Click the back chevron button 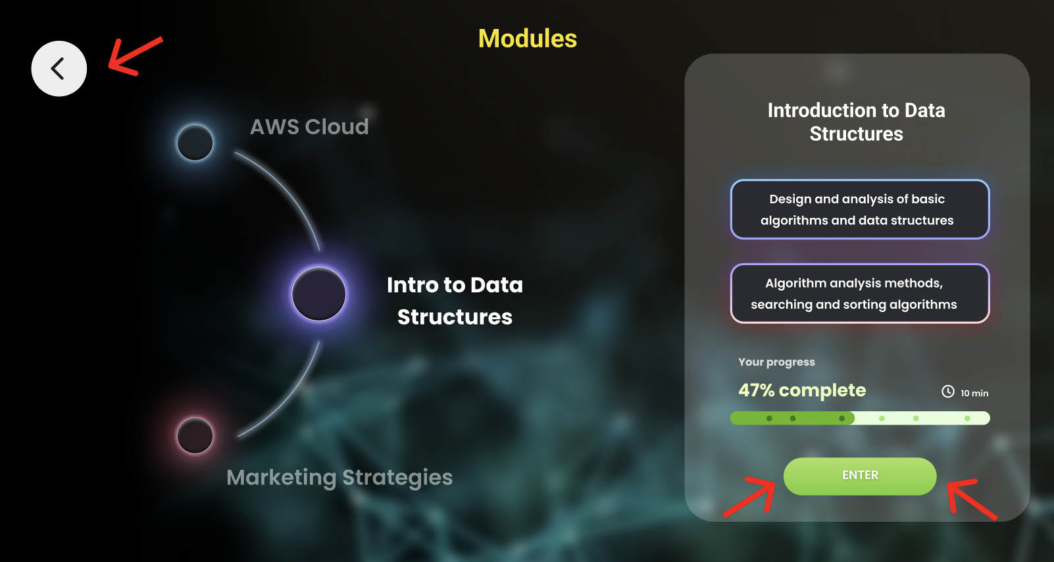(x=59, y=68)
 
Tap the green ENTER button (x=859, y=476)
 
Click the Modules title (x=528, y=39)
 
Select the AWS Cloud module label (x=309, y=126)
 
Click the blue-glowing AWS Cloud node (x=195, y=142)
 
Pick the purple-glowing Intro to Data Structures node (x=319, y=294)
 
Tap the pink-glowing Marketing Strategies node (x=195, y=435)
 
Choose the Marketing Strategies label (x=339, y=477)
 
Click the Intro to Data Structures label (x=455, y=301)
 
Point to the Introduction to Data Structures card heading (x=856, y=122)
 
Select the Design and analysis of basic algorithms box (x=859, y=209)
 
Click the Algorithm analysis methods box (x=859, y=294)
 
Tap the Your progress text (x=776, y=362)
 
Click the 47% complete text (x=802, y=390)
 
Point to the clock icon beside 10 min (x=947, y=392)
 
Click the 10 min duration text (x=974, y=393)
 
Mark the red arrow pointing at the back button (x=134, y=57)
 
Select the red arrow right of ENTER (x=970, y=499)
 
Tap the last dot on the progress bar (x=967, y=419)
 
